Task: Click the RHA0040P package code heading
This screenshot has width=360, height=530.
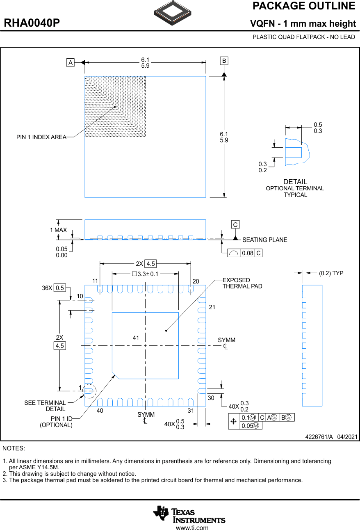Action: pos(32,23)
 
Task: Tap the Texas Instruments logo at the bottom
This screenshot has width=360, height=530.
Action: pos(189,514)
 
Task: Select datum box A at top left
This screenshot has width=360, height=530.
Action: pos(71,63)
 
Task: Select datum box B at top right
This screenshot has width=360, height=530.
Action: pos(224,61)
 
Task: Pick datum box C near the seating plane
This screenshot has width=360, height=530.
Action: pos(235,225)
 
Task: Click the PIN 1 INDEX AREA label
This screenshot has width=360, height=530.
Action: pos(41,137)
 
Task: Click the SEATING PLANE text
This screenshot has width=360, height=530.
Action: pos(264,240)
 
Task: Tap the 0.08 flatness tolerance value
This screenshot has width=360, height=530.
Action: pos(247,253)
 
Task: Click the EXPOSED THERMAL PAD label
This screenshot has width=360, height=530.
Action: pos(242,283)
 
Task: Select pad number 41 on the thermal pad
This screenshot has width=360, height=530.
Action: pos(136,338)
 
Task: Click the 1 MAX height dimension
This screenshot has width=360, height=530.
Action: pos(58,230)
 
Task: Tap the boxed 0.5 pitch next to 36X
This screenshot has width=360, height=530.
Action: pos(60,288)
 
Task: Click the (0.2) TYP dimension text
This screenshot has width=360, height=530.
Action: pos(331,273)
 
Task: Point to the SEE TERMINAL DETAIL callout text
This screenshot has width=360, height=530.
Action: pos(45,406)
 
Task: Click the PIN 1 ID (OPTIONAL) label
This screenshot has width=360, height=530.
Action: pos(56,422)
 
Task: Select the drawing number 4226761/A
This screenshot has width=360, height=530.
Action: pos(319,437)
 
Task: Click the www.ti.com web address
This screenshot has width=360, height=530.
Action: pos(192,528)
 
